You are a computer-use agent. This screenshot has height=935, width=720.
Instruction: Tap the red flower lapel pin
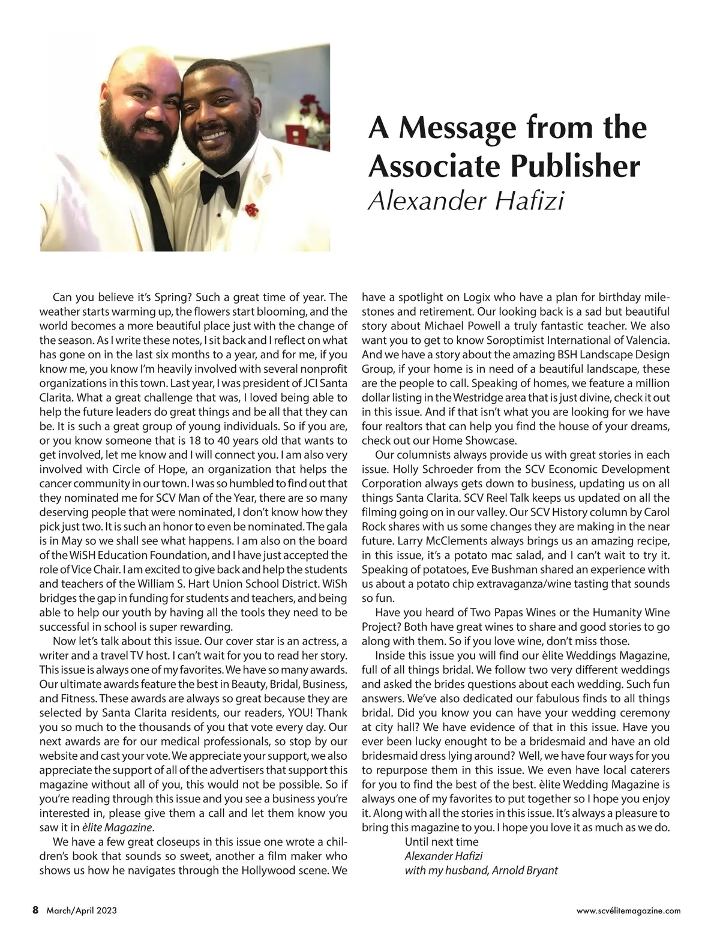[x=251, y=210]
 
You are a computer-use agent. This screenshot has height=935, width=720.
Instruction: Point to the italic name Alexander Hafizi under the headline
[x=466, y=202]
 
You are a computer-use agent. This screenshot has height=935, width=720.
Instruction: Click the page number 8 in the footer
[x=35, y=910]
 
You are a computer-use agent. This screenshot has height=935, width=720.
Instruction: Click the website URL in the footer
[x=628, y=910]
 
